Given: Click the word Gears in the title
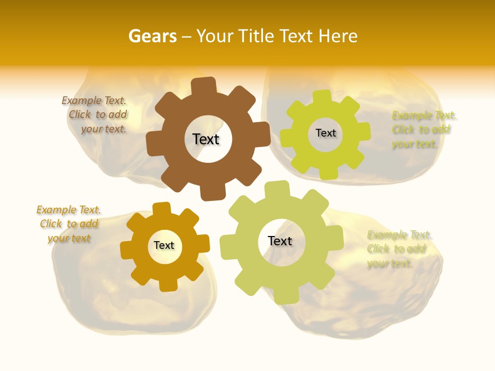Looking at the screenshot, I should point(152,36).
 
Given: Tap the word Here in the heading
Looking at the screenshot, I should point(338,36).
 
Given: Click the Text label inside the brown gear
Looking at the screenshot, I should point(206,139).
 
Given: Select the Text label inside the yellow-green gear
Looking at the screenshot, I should point(325,133).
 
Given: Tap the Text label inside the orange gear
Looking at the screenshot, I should point(164,245).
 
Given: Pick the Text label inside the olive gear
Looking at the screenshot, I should point(280,241).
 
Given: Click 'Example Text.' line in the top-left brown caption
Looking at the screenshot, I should point(94,100).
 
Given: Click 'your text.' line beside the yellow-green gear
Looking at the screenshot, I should point(414,144).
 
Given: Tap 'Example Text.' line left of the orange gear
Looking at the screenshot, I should point(69,210).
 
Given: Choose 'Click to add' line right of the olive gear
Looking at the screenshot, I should point(396,249).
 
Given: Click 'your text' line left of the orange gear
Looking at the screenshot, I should point(69,239).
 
